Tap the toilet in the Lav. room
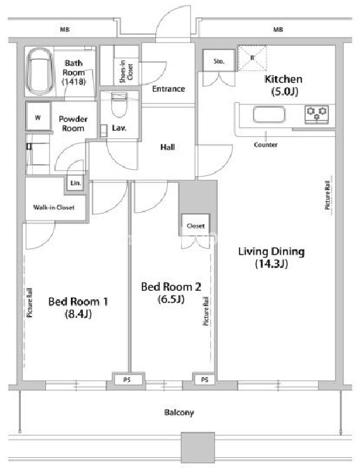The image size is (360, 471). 119,105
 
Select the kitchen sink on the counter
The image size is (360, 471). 269,115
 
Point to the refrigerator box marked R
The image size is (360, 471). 252,58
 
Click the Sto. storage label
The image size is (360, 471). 219,61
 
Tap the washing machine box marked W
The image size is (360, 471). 38,117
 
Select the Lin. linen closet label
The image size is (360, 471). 75,183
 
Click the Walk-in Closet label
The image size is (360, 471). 54,207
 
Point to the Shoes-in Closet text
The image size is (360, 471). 126,72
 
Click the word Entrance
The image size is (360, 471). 169,89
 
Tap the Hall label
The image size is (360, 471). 168,147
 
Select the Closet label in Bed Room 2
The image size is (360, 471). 196,225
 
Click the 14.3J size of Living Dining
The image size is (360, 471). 272,264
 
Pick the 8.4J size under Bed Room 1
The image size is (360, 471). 78,314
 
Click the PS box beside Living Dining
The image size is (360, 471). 205,380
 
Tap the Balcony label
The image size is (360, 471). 179,413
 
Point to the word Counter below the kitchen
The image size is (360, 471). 265,145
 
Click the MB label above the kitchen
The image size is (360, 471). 278,29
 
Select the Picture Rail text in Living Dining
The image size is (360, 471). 327,195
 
